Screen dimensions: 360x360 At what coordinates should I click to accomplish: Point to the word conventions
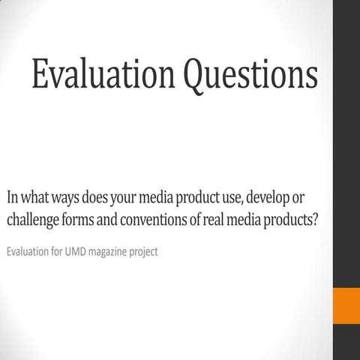[x=154, y=221]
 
